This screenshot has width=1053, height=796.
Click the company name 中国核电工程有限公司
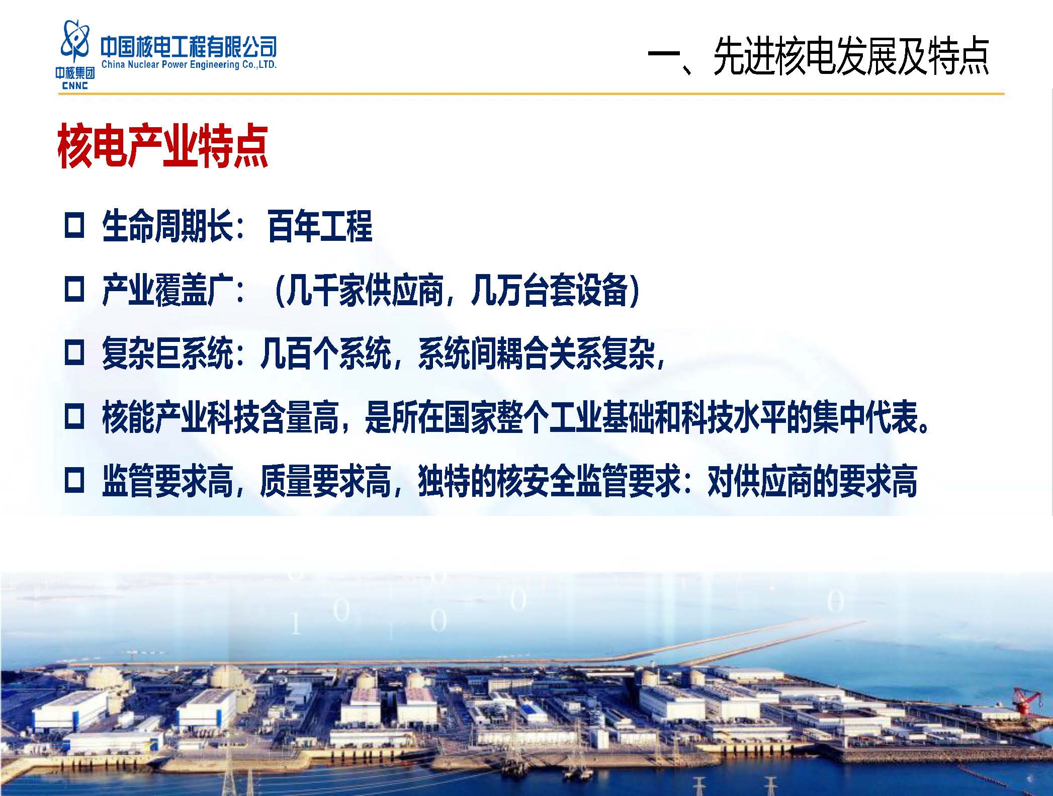(189, 47)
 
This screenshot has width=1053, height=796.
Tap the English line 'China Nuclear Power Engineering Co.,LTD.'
(189, 64)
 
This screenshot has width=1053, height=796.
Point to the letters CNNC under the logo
(75, 86)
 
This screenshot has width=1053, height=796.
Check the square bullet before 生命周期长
(74, 226)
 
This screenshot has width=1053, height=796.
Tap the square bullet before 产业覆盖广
(74, 290)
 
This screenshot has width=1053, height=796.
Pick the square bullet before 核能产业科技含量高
(74, 418)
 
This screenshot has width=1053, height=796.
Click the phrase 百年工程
(320, 226)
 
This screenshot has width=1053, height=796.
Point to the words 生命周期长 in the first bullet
(167, 226)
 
